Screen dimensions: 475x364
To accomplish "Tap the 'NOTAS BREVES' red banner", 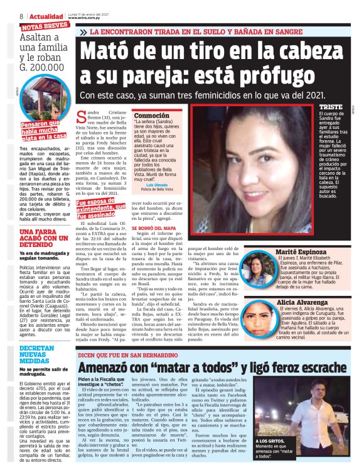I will coord(45,26).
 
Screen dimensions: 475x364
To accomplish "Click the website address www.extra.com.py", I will coord(86,18).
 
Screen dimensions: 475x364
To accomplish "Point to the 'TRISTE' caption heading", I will coord(330,107).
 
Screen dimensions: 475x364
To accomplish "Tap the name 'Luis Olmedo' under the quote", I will coord(156,185).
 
